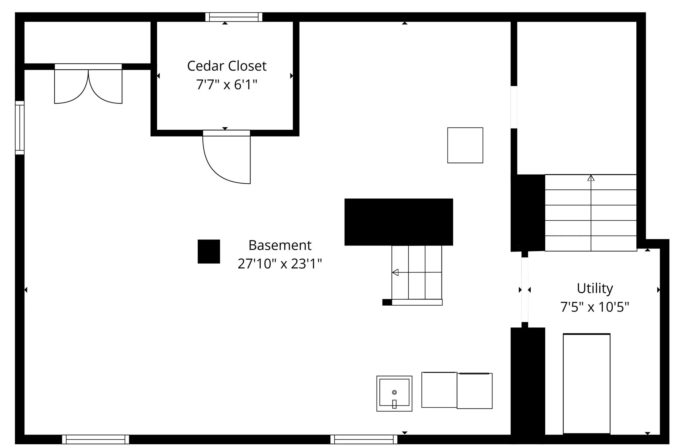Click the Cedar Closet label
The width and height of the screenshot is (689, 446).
click(227, 66)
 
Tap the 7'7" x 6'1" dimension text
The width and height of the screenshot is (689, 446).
click(227, 85)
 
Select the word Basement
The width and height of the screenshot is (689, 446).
click(280, 245)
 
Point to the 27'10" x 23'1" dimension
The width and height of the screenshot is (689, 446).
click(280, 264)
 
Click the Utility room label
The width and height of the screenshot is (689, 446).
click(595, 288)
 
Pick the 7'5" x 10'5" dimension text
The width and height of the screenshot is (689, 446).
click(595, 307)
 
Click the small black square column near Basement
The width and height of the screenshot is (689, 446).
click(209, 251)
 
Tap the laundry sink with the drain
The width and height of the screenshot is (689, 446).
click(394, 393)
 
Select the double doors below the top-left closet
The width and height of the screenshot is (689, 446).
click(88, 86)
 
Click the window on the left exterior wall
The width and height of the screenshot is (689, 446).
click(20, 127)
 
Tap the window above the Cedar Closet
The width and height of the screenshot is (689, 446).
click(234, 17)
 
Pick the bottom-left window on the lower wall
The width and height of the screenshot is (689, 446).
click(95, 439)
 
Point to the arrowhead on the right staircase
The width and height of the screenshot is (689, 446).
click(591, 178)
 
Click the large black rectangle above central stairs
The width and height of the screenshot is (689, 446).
click(399, 222)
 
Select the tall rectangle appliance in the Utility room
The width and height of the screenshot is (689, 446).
click(586, 384)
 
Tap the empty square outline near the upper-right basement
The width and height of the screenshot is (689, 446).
click(465, 145)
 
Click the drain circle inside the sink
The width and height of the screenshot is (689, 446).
click(394, 392)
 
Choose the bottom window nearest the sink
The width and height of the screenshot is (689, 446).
click(364, 439)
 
